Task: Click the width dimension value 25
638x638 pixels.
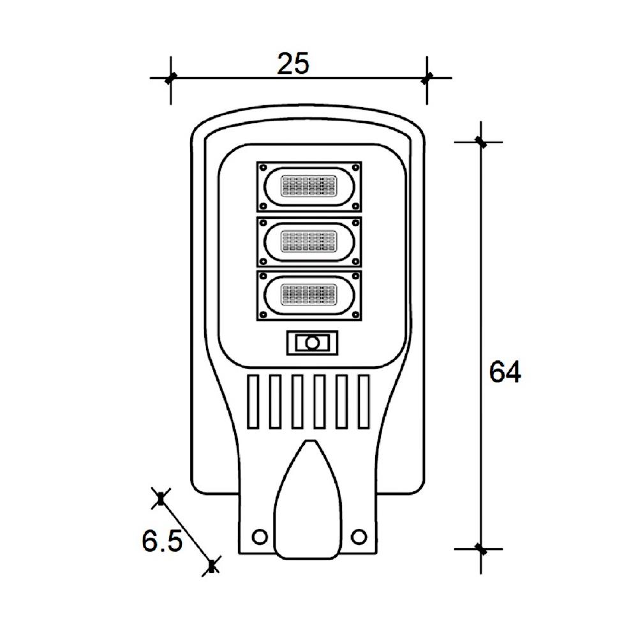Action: [x=293, y=63]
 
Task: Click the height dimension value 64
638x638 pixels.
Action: [x=505, y=372]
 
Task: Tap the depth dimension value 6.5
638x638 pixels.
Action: [x=162, y=542]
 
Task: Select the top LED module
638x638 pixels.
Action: [x=309, y=186]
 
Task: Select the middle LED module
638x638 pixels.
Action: [x=309, y=241]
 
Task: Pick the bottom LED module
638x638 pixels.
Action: [x=309, y=295]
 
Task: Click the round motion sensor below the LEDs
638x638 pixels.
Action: [x=312, y=343]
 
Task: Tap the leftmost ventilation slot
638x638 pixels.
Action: [x=253, y=401]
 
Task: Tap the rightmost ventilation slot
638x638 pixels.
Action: [x=364, y=401]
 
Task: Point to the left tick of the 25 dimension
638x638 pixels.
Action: [x=170, y=78]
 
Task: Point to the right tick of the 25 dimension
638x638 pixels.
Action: [x=427, y=78]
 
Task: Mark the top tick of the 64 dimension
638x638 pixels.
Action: [x=480, y=142]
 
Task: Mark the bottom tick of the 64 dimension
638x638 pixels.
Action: [x=480, y=548]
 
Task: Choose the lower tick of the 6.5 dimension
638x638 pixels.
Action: [x=212, y=565]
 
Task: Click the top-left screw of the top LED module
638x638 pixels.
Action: [x=263, y=168]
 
